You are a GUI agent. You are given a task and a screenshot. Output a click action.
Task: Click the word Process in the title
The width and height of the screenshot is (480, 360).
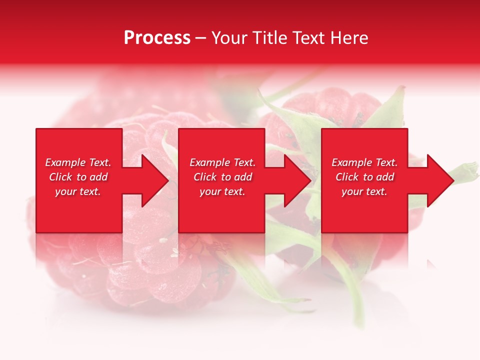point(157,38)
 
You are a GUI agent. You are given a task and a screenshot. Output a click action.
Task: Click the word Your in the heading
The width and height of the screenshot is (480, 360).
point(230,38)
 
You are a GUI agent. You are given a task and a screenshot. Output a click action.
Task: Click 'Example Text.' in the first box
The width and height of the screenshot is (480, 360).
point(78,162)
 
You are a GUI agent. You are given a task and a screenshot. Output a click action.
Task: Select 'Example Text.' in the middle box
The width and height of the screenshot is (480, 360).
point(222,162)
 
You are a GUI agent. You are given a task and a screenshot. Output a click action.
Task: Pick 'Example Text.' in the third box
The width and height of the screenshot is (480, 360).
point(364,162)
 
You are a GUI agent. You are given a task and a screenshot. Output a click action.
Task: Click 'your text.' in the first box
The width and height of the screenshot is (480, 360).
point(78,191)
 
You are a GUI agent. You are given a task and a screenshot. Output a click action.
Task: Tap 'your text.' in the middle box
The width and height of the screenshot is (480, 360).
point(222,191)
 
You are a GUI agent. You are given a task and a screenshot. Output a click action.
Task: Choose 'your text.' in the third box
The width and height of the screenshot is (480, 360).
point(364,191)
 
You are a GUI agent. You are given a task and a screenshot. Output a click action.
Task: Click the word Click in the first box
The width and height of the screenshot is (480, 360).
point(61,177)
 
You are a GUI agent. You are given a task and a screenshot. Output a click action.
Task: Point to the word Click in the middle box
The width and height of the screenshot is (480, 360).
point(205,177)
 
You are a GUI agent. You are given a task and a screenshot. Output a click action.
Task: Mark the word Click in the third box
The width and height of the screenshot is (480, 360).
point(347,177)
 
